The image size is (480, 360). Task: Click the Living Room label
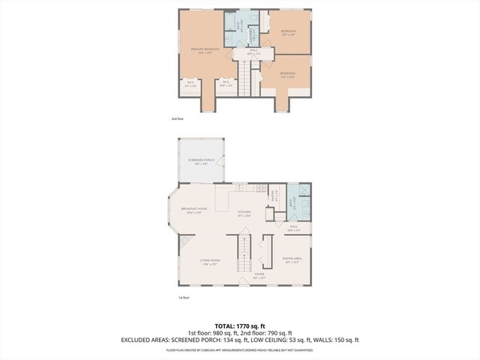[x=209, y=262]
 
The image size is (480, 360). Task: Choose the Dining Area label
[x=292, y=261]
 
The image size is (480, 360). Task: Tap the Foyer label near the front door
[x=259, y=276]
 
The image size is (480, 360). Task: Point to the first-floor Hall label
[x=293, y=228]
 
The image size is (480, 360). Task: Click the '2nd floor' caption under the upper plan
[x=177, y=118]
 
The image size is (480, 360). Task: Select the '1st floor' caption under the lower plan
[x=184, y=298]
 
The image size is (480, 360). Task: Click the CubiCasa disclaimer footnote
[x=239, y=349]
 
